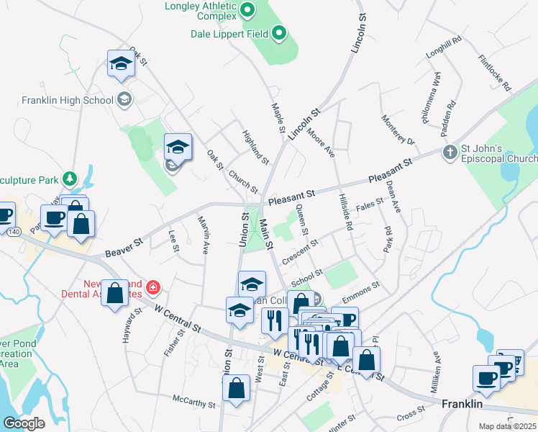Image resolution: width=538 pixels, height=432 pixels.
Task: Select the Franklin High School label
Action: (x=68, y=100)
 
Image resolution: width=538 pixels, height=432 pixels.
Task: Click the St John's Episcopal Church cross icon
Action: (x=449, y=152)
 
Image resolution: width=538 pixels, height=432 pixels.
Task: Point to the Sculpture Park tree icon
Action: (x=69, y=177)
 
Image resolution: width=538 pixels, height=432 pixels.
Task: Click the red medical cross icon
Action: (x=152, y=289)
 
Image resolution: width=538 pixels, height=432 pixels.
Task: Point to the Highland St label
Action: (x=255, y=147)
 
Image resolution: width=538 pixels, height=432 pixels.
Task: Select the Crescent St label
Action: (x=300, y=251)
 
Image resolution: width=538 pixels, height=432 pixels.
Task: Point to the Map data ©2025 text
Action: (x=508, y=426)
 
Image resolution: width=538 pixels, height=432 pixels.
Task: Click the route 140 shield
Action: (x=14, y=232)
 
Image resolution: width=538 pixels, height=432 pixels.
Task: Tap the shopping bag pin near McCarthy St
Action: (x=236, y=388)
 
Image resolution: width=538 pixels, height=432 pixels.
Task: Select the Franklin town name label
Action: (x=461, y=404)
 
